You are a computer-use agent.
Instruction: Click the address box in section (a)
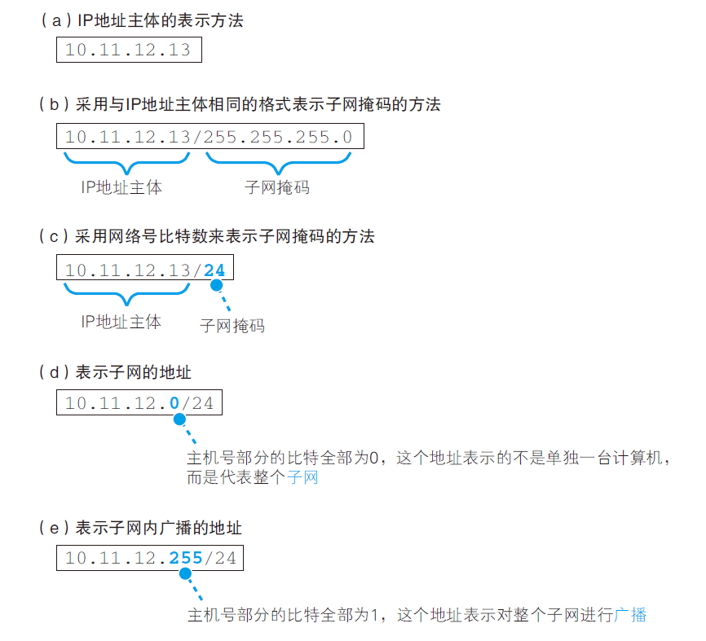128,50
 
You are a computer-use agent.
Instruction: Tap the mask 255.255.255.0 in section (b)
278,136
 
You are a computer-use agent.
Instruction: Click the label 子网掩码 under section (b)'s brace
277,187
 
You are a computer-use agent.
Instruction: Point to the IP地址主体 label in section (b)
121,187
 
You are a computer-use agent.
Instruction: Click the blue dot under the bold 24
216,287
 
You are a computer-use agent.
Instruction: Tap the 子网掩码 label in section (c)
232,326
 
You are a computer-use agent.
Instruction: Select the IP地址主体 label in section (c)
121,322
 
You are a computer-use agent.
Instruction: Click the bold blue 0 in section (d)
174,402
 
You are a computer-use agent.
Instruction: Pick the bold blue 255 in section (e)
186,558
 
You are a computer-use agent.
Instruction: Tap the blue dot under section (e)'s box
185,574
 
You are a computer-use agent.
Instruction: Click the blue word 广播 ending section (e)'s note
631,615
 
